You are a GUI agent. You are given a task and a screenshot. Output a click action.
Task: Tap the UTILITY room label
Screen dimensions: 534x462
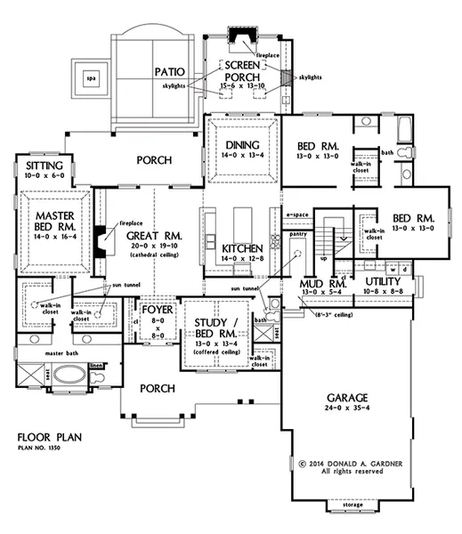(384, 280)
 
